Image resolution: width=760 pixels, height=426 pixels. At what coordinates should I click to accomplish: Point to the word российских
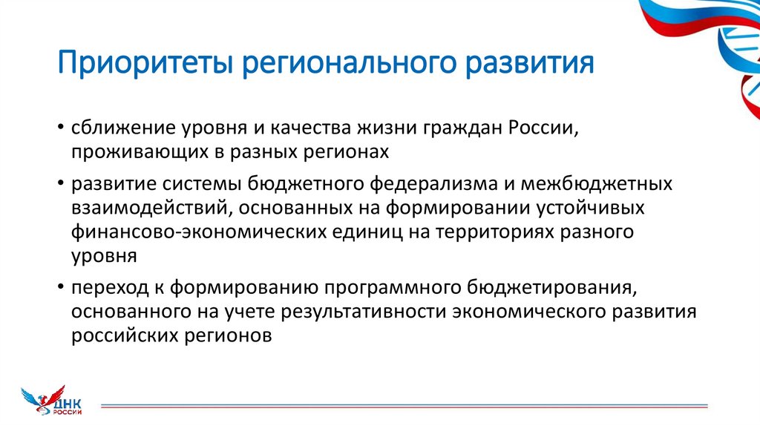(x=122, y=335)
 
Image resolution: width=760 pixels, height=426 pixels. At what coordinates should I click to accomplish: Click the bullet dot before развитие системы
(x=59, y=184)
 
